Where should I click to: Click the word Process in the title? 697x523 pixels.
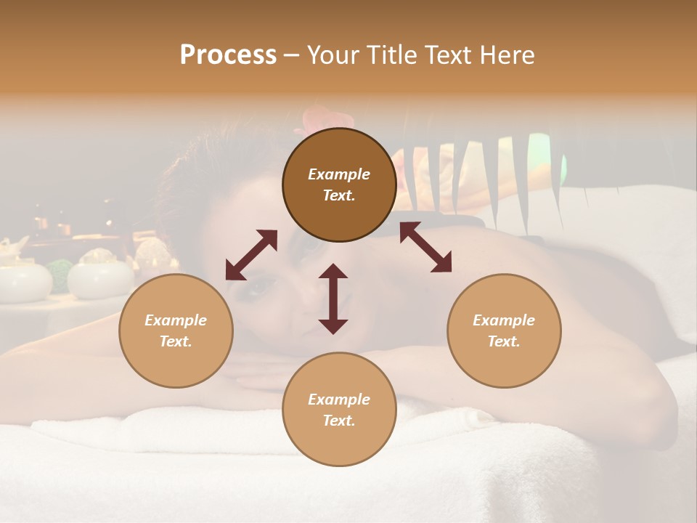pos(228,55)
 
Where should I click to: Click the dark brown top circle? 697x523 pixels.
pos(339,185)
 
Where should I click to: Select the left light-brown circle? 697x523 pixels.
pos(176,331)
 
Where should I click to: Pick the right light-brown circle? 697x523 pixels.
pos(504,331)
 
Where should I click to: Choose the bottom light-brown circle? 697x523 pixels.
pos(339,409)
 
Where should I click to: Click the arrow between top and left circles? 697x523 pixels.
pos(251,255)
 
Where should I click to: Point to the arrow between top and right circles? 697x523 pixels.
pos(425,247)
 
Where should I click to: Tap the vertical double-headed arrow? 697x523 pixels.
pos(333,299)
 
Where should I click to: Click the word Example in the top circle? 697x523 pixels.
pos(339,174)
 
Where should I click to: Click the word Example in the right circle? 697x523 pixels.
pos(504,320)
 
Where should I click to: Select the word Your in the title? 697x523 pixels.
pos(335,55)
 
